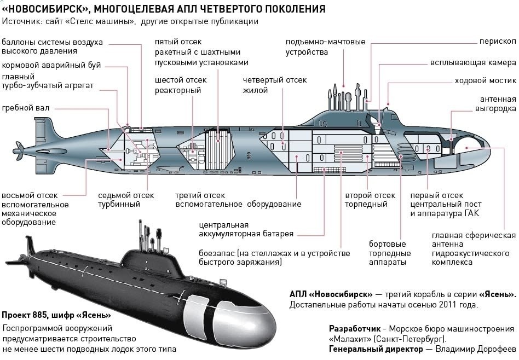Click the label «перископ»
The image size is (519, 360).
[498, 42]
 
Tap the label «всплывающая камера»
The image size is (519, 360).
[473, 62]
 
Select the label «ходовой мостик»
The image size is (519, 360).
[485, 80]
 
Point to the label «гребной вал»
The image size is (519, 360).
[26, 108]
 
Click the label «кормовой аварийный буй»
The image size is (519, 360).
[51, 65]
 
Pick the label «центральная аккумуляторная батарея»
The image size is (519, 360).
[246, 229]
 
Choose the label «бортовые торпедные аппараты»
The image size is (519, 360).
[390, 253]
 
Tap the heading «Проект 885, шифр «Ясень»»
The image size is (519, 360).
[56, 315]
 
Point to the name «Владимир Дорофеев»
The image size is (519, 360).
[476, 349]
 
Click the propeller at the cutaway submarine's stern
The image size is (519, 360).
[18, 151]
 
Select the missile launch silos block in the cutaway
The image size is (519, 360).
[218, 150]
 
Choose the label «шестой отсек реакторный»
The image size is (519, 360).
[181, 85]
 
